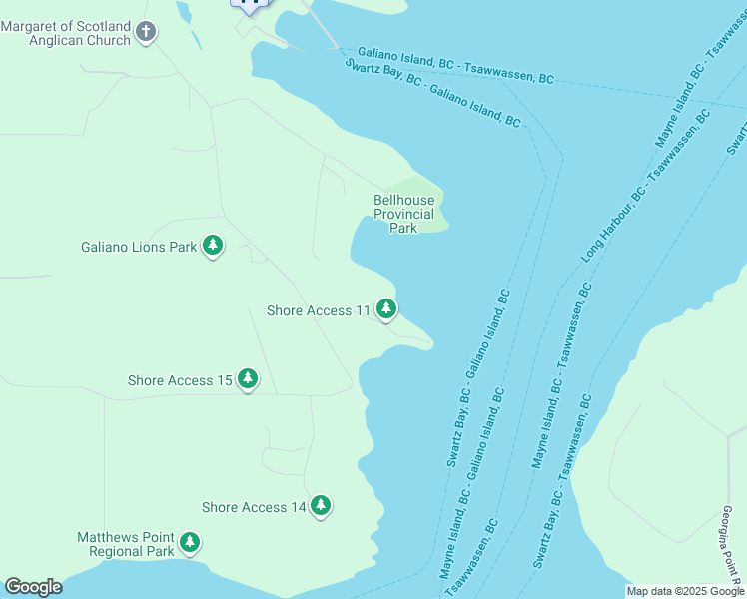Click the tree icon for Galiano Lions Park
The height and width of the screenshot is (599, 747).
(212, 245)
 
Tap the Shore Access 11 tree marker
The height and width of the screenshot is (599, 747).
(385, 309)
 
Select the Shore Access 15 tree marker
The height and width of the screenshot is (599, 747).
(248, 379)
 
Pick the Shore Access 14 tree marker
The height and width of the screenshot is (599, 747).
(321, 506)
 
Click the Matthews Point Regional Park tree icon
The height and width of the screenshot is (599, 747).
(189, 544)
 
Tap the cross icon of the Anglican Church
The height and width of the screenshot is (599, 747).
(146, 33)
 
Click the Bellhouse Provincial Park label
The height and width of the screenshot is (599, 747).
(403, 214)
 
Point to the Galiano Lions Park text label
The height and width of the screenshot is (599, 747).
(139, 247)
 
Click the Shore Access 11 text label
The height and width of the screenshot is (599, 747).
(319, 311)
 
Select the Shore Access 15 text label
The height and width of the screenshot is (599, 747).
(180, 380)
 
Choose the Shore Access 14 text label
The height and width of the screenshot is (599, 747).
(254, 508)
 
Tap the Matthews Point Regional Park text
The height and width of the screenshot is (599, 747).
(125, 544)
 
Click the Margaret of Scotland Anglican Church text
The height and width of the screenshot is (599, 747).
(66, 33)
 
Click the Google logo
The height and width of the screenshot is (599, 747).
(33, 587)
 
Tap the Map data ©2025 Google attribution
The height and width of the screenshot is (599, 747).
(684, 591)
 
